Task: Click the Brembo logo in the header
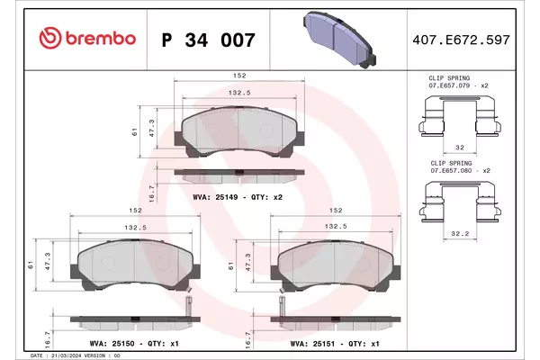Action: (x=87, y=38)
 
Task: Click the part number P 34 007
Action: (x=209, y=40)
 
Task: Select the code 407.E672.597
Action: (x=461, y=40)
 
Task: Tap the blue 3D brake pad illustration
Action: (x=339, y=40)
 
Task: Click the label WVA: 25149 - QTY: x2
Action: (x=238, y=197)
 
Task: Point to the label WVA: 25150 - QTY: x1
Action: (x=134, y=344)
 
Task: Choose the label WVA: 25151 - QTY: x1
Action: (x=335, y=344)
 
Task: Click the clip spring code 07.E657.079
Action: (x=449, y=85)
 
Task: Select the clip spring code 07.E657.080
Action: (x=451, y=170)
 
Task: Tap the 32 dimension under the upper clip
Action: (x=460, y=148)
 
